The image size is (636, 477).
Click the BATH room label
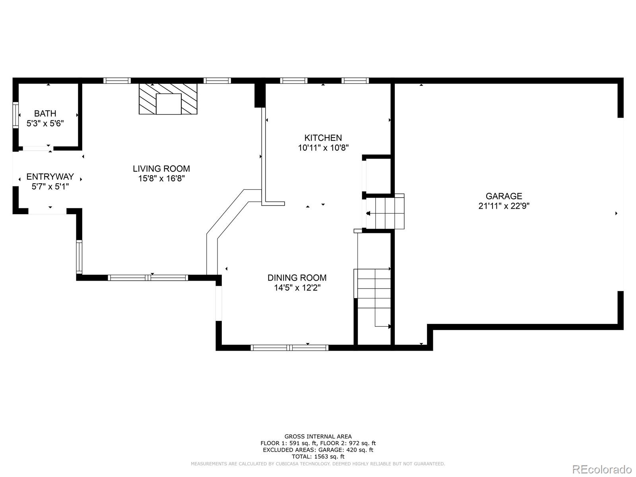pyautogui.click(x=45, y=114)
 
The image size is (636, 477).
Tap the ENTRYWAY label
pyautogui.click(x=50, y=176)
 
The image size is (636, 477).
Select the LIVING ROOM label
pyautogui.click(x=161, y=169)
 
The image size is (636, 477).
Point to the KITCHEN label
pyautogui.click(x=323, y=138)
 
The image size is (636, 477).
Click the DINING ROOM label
pyautogui.click(x=297, y=278)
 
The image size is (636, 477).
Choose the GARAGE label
pyautogui.click(x=504, y=196)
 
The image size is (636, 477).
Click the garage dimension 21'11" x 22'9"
pyautogui.click(x=504, y=206)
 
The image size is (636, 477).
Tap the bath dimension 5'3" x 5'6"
pyautogui.click(x=45, y=123)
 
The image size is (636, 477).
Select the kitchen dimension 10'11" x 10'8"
pyautogui.click(x=323, y=148)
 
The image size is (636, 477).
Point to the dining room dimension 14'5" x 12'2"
pyautogui.click(x=297, y=287)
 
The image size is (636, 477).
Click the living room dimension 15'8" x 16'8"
pyautogui.click(x=161, y=178)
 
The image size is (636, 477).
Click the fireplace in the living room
pyautogui.click(x=168, y=99)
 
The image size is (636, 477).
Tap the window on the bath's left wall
pyautogui.click(x=16, y=115)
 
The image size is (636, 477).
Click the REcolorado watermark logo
pyautogui.click(x=602, y=469)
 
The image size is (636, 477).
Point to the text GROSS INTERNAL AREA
pyautogui.click(x=318, y=436)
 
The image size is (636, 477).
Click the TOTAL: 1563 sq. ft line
pyautogui.click(x=318, y=456)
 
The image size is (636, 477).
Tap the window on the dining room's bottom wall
pyautogui.click(x=289, y=347)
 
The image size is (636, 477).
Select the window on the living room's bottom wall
pyautogui.click(x=148, y=278)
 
